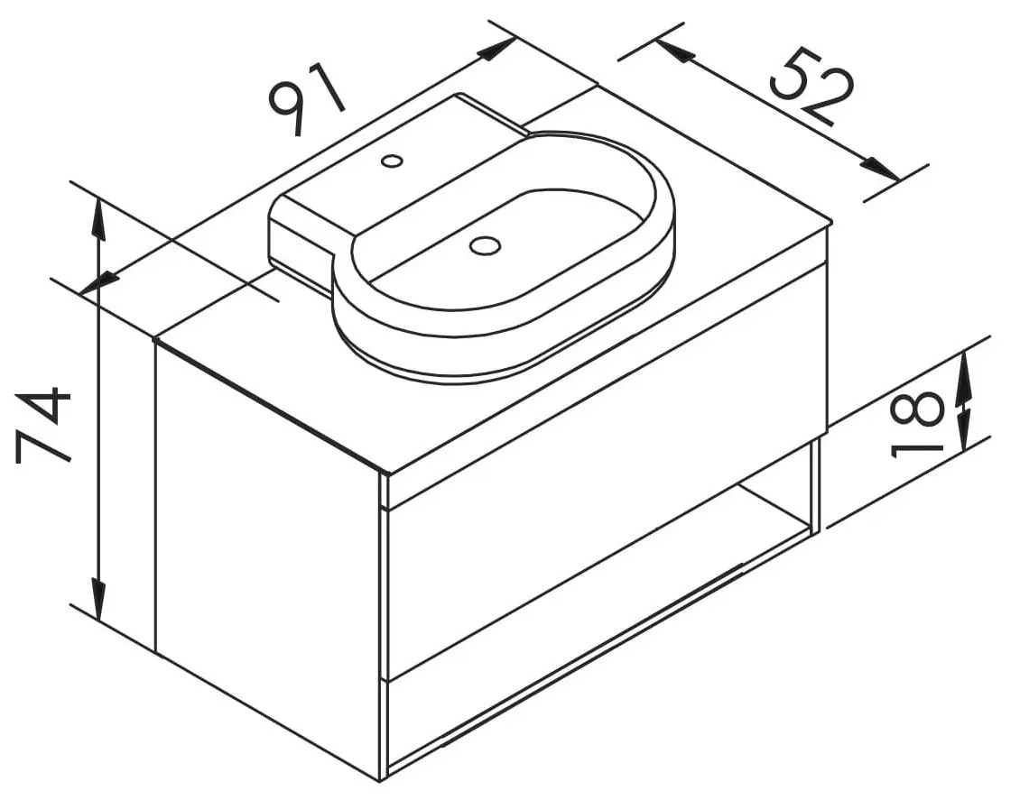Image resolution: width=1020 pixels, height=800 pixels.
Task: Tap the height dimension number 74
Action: (43, 426)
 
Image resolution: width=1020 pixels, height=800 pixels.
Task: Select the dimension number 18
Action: (917, 425)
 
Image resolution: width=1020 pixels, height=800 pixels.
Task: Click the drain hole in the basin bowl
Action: (485, 245)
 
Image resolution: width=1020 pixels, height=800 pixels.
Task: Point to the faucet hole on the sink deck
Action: (392, 160)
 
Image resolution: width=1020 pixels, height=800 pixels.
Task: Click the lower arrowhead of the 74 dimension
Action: (97, 599)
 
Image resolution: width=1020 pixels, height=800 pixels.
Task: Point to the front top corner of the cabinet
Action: (385, 474)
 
